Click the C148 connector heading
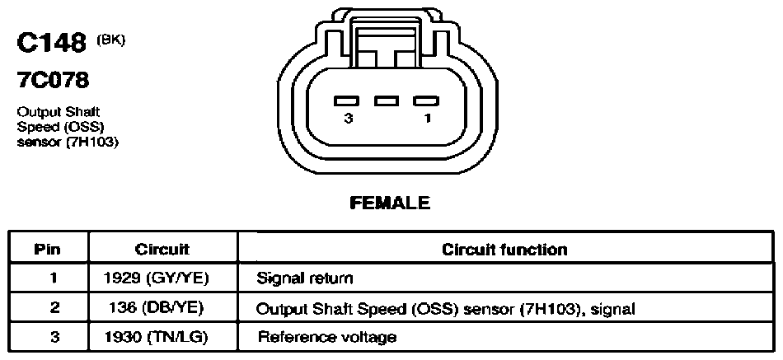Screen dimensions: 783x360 52,44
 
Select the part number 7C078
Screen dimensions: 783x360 53,80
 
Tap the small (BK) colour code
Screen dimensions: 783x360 110,40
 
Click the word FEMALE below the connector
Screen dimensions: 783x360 390,203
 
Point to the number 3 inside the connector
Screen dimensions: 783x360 348,119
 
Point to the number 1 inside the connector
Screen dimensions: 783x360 428,119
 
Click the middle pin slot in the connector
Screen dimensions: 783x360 387,101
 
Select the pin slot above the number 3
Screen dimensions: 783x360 347,101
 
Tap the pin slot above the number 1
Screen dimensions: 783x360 426,101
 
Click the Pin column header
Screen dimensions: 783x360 48,249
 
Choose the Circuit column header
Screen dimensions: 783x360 162,249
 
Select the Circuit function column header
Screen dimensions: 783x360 504,249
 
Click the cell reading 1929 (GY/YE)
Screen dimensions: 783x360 155,278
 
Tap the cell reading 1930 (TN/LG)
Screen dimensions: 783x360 156,338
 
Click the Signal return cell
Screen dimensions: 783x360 305,278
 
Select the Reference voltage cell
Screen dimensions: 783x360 327,337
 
